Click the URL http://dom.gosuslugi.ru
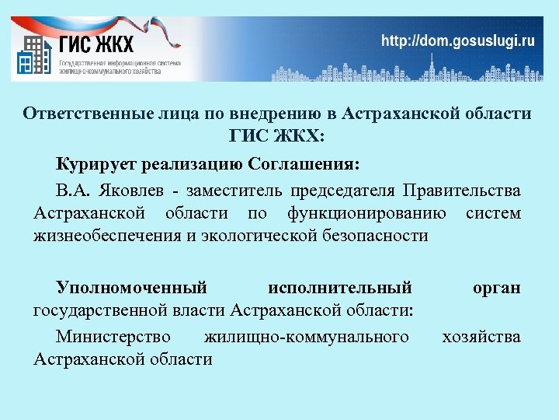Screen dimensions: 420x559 457,41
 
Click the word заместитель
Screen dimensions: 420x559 236,191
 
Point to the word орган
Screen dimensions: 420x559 496,289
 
